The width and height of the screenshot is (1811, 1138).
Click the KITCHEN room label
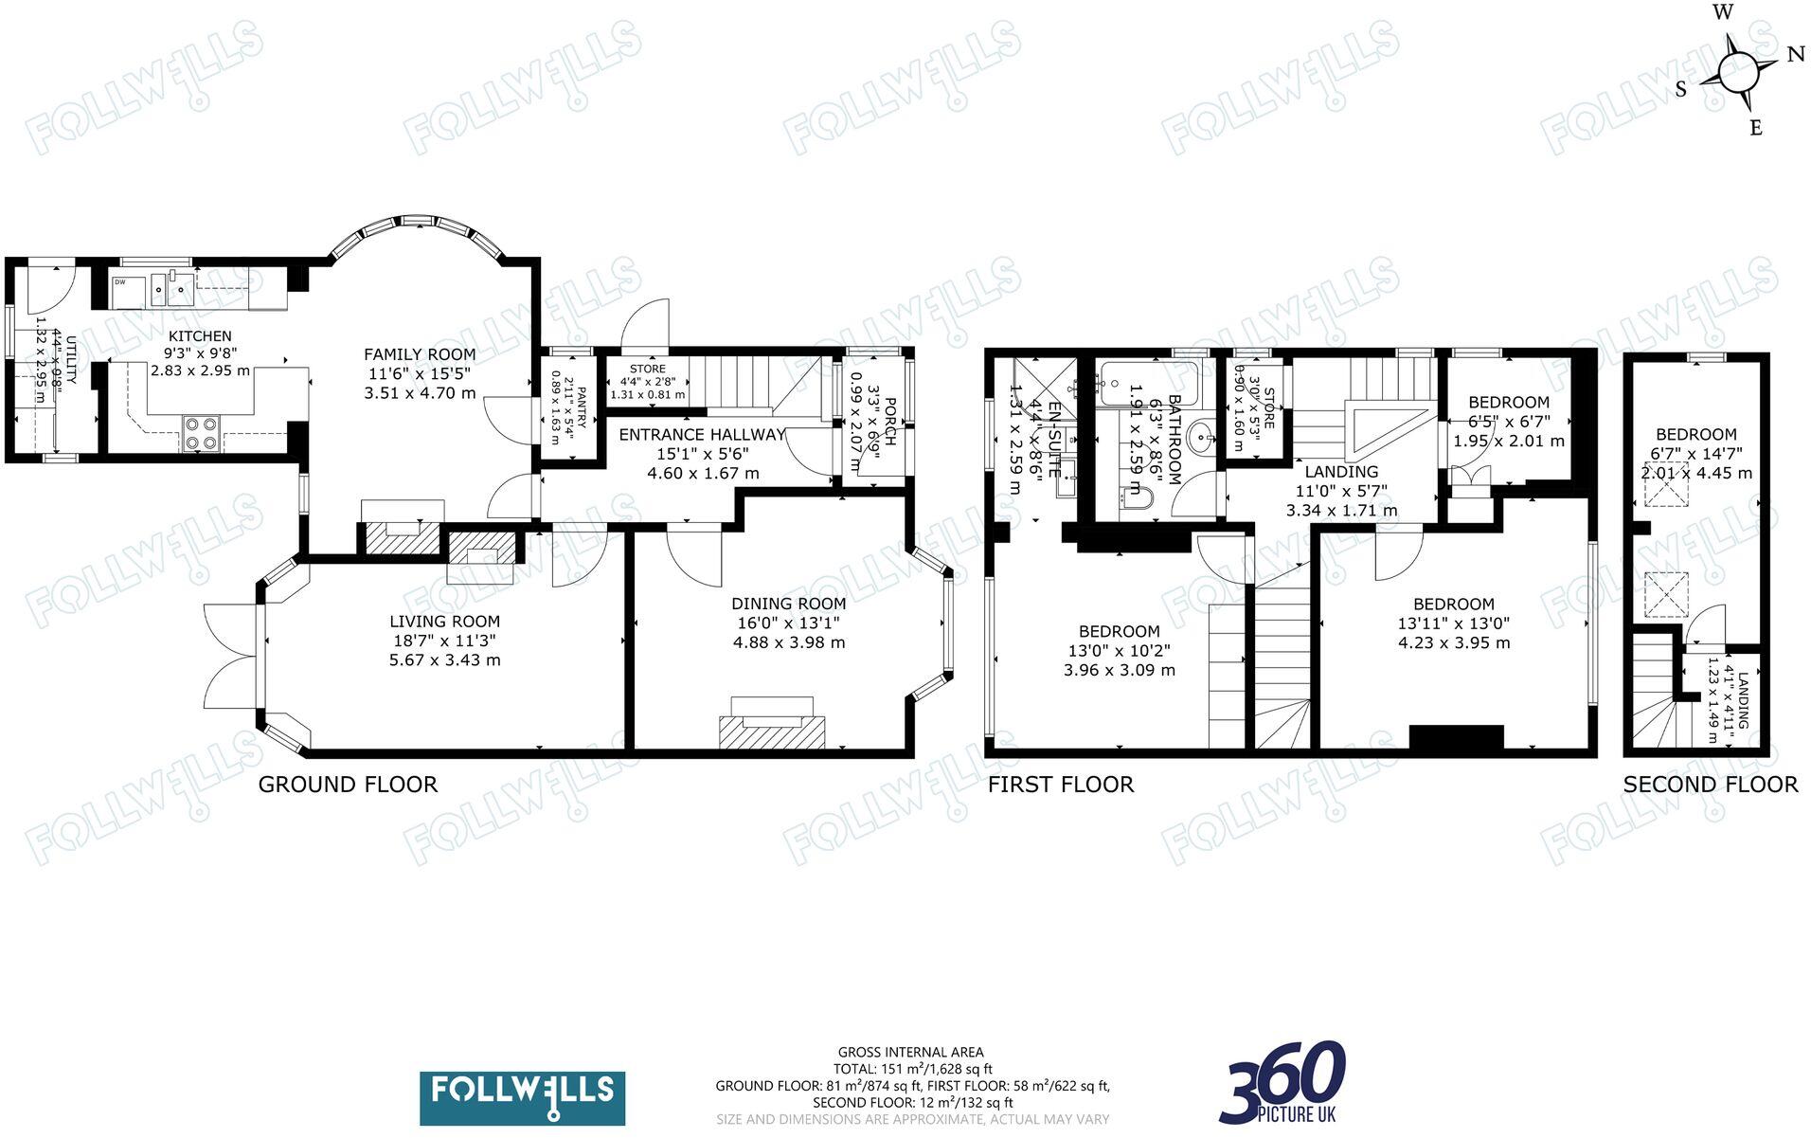(x=200, y=336)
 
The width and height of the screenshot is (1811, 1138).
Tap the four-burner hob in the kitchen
(x=201, y=433)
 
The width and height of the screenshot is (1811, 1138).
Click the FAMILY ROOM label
(x=420, y=354)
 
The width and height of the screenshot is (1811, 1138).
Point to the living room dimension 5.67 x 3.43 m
(x=444, y=659)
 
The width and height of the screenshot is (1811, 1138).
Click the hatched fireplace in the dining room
(x=772, y=732)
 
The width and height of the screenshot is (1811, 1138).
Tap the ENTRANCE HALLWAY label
(x=702, y=435)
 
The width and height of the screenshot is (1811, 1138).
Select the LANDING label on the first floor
(x=1341, y=472)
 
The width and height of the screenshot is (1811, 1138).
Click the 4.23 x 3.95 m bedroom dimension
(x=1454, y=642)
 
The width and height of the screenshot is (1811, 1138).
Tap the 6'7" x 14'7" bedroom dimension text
(x=1696, y=454)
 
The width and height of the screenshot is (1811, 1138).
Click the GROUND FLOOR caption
(x=348, y=785)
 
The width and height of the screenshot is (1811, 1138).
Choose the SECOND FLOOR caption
(x=1710, y=785)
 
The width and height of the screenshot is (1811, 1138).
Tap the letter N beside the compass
(x=1795, y=55)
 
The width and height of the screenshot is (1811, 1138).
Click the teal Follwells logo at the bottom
(x=522, y=1097)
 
